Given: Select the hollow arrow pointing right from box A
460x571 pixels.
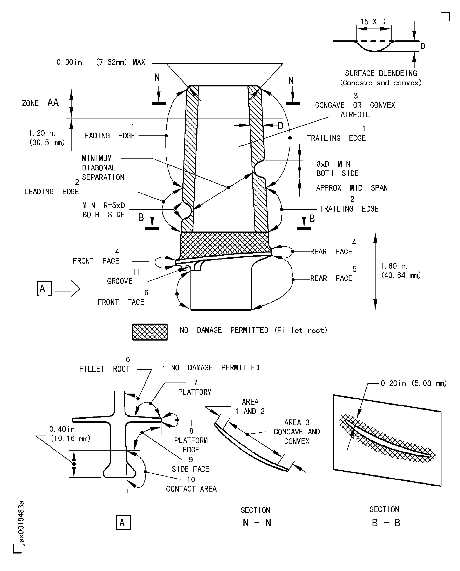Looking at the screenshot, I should pyautogui.click(x=67, y=288).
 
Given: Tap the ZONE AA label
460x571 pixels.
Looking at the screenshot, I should pyautogui.click(x=40, y=103).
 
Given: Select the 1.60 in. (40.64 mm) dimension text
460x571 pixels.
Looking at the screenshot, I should pyautogui.click(x=400, y=271).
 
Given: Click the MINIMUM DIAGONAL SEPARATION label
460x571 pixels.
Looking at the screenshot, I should pyautogui.click(x=103, y=167).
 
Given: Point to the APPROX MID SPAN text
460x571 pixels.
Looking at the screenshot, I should pyautogui.click(x=352, y=188).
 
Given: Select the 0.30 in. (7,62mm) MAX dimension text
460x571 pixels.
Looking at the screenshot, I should pyautogui.click(x=101, y=62).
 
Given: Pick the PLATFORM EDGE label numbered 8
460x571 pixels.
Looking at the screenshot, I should pyautogui.click(x=191, y=445).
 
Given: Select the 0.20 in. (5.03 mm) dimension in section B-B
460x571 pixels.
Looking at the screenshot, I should pyautogui.click(x=413, y=383).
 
